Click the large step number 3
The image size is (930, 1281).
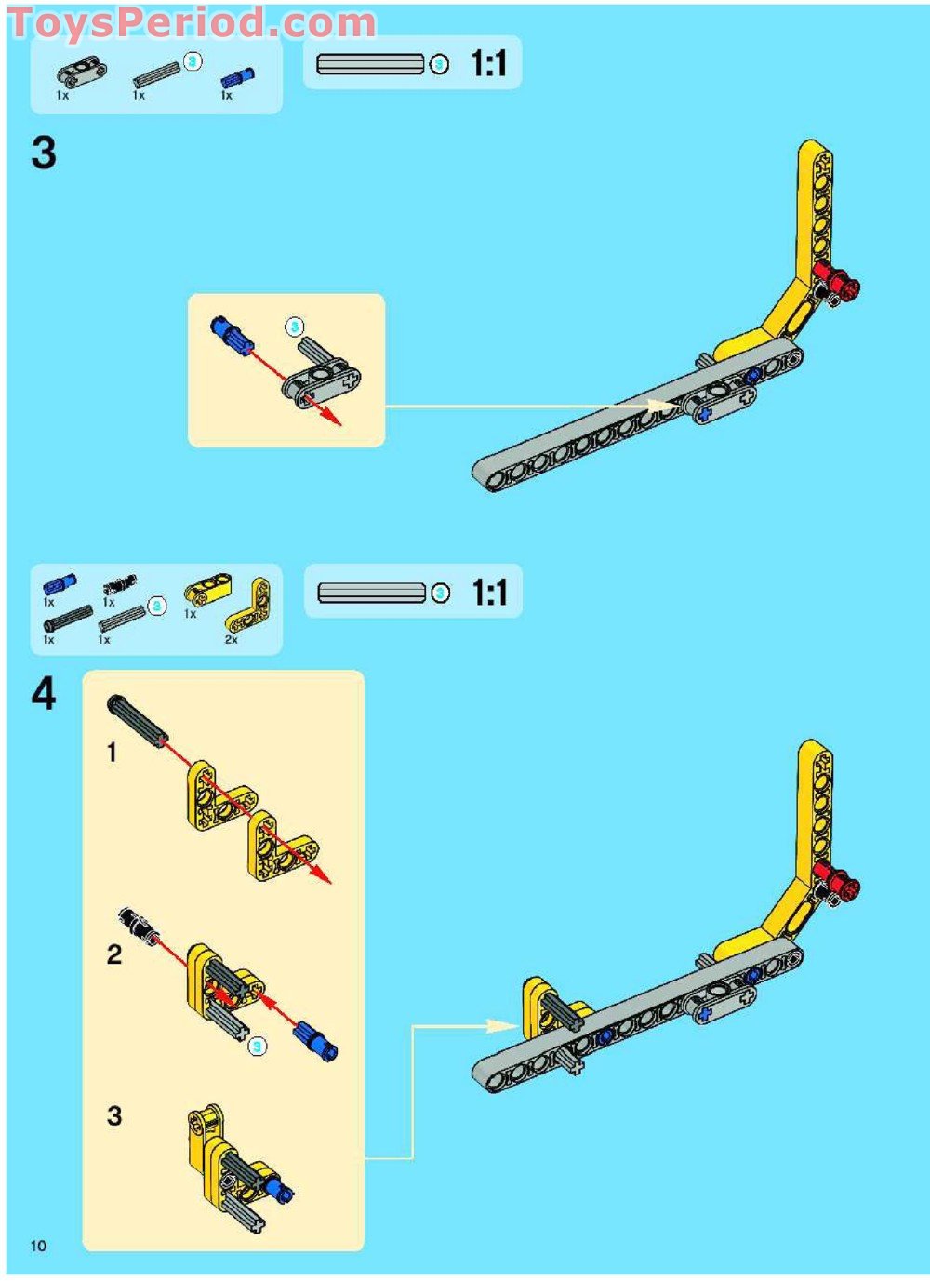pyautogui.click(x=44, y=153)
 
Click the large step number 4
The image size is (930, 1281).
pyautogui.click(x=44, y=695)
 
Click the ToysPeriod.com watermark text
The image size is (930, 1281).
pyautogui.click(x=193, y=23)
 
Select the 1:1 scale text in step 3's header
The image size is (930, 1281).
pyautogui.click(x=489, y=63)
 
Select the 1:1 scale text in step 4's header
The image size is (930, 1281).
pyautogui.click(x=489, y=592)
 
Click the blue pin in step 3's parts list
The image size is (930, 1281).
pyautogui.click(x=237, y=76)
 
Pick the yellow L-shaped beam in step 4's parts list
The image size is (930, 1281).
pyautogui.click(x=250, y=606)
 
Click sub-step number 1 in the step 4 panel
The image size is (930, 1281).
pyautogui.click(x=113, y=754)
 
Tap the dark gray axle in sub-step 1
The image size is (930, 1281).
pyautogui.click(x=138, y=719)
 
